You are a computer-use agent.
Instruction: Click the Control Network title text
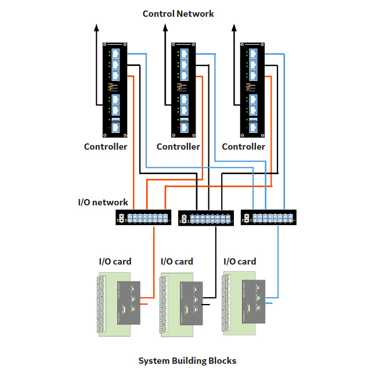pyautogui.click(x=178, y=13)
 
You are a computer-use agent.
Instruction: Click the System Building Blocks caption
pyautogui.click(x=187, y=361)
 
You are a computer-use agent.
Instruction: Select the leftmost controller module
pyautogui.click(x=115, y=91)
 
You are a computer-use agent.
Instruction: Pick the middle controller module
pyautogui.click(x=184, y=91)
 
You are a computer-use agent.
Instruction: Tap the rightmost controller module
pyautogui.click(x=253, y=91)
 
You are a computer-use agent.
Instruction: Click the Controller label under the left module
pyautogui.click(x=106, y=147)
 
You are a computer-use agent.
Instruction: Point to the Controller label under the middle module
pyautogui.click(x=178, y=147)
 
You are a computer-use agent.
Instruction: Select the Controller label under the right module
pyautogui.click(x=244, y=147)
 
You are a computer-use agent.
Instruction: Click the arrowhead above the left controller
pyautogui.click(x=97, y=27)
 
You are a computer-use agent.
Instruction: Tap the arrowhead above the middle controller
pyautogui.click(x=165, y=27)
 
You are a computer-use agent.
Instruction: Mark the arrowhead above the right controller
pyautogui.click(x=234, y=27)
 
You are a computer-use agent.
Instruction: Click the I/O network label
pyautogui.click(x=103, y=203)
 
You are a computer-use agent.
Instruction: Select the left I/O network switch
pyautogui.click(x=143, y=218)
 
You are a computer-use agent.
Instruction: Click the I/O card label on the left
pyautogui.click(x=115, y=262)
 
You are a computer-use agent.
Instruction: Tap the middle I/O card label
pyautogui.click(x=177, y=262)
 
